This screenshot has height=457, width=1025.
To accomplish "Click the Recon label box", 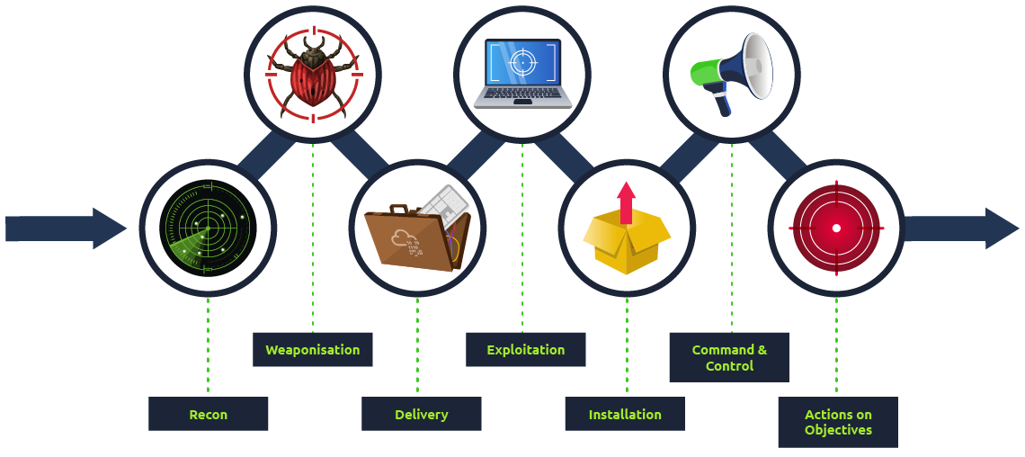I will (x=208, y=415).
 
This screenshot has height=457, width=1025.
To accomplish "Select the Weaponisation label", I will (x=312, y=350).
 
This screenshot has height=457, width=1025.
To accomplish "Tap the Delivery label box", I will (x=421, y=415).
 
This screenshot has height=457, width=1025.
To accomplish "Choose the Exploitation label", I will (x=525, y=350).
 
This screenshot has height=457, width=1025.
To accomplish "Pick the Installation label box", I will (x=624, y=415).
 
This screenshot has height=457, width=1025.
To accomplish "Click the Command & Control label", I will (x=729, y=357).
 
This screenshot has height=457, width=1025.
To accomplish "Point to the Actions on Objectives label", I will (x=837, y=422).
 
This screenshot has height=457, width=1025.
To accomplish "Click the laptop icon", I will (x=522, y=73).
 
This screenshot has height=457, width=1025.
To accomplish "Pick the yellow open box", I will (x=627, y=239).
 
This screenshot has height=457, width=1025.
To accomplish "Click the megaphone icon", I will (x=733, y=73).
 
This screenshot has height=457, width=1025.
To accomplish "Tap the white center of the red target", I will (x=836, y=228).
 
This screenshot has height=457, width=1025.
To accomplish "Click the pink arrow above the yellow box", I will (x=627, y=201).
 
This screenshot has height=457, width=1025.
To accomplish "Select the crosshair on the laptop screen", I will (x=521, y=61).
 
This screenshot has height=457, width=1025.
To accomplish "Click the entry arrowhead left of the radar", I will (x=110, y=228).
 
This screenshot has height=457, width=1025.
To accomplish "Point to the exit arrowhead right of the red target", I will (x=1002, y=228).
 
